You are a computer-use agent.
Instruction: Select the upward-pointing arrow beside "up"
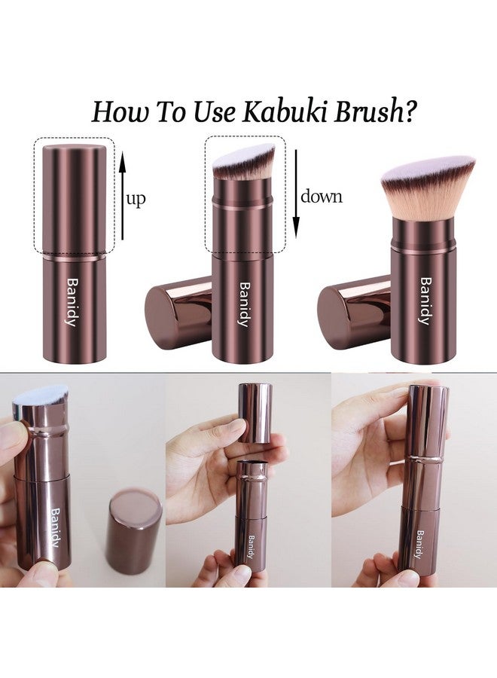pos(120,194)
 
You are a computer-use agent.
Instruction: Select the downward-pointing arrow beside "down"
pos(296,194)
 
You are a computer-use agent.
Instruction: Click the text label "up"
pos(136,200)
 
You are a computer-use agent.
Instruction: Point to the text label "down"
pos(322,197)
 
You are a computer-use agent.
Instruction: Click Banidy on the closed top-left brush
pos(72,304)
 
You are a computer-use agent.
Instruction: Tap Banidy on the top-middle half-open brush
pos(243,304)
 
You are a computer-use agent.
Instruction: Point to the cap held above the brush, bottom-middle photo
pos(255,413)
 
